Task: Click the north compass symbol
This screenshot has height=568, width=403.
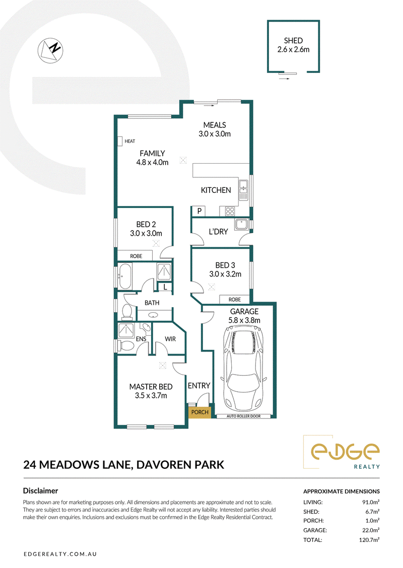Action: tap(50, 50)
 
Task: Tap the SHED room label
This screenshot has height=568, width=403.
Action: tap(293, 41)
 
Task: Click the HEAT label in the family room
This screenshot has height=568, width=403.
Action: tap(130, 141)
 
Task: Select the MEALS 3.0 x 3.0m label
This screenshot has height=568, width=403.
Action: tap(215, 129)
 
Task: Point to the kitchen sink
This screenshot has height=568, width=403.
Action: tap(243, 189)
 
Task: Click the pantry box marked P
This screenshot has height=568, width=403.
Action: tap(198, 211)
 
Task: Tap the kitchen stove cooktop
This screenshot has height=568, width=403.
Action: tap(230, 211)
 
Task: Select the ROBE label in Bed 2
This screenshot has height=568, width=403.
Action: tap(137, 256)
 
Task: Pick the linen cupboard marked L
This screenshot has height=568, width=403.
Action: tap(165, 287)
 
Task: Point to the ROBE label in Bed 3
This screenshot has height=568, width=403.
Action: tap(234, 300)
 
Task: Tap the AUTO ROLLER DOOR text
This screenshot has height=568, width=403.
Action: tap(243, 416)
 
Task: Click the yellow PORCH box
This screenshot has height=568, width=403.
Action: tap(199, 412)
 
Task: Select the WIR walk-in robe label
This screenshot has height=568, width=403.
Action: tap(170, 339)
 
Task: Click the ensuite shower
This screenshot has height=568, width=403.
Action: tap(126, 330)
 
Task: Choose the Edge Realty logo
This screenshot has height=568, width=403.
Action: tap(341, 452)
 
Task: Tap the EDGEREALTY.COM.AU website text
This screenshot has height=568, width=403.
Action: tap(60, 554)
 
